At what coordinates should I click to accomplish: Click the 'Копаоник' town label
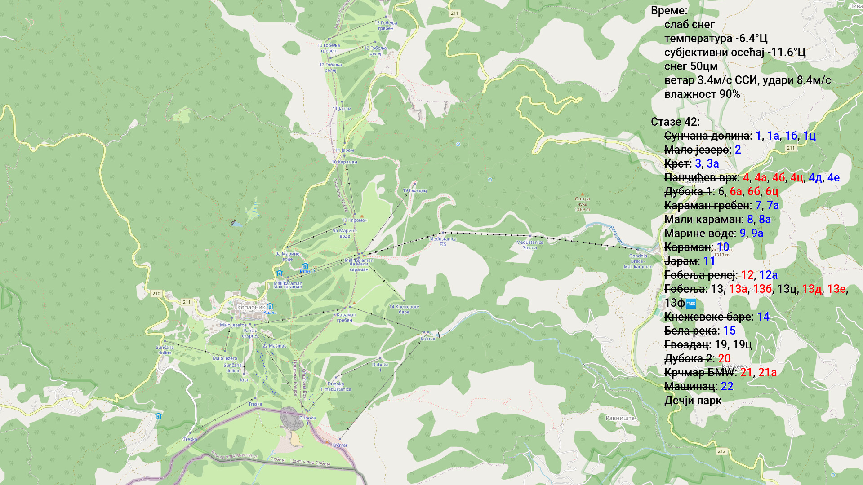251,308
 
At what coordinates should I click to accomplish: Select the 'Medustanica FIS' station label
443,242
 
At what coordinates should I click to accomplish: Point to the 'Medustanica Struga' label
529,245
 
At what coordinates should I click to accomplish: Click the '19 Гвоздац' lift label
414,190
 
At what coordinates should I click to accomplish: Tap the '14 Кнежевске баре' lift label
404,309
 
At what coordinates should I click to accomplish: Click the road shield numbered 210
156,294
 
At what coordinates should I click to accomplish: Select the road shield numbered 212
721,451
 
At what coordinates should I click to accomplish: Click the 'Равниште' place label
620,418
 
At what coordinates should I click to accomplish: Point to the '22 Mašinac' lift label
274,346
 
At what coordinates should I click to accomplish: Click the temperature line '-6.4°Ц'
716,39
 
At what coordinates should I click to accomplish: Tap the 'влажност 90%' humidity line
702,94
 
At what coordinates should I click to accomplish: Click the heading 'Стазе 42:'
675,122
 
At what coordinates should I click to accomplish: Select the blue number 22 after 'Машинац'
727,387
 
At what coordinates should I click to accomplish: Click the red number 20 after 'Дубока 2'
724,359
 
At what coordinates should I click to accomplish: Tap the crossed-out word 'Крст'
677,164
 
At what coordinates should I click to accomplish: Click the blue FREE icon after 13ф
691,304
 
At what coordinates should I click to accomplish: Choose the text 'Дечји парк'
693,401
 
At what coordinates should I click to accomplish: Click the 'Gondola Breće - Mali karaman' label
638,261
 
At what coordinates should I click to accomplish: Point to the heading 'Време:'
669,11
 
